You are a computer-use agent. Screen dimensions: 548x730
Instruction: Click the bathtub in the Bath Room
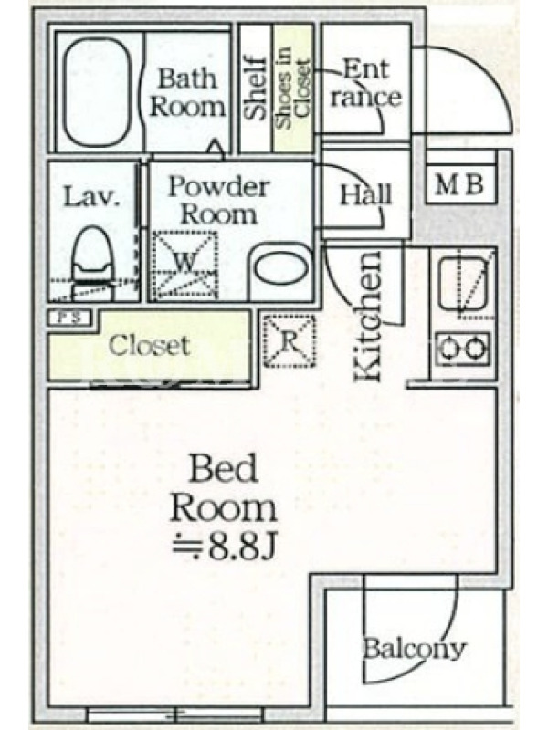(97, 92)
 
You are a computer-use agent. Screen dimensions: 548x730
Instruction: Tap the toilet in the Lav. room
(93, 264)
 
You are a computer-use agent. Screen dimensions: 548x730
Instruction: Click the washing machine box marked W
(185, 265)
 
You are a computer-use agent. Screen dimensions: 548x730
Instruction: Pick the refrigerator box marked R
(290, 341)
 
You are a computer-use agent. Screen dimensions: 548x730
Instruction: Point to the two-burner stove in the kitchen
(462, 348)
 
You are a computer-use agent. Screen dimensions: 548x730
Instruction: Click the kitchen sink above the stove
(463, 284)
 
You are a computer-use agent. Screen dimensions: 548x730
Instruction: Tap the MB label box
(460, 184)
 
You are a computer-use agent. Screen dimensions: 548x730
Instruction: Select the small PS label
(70, 318)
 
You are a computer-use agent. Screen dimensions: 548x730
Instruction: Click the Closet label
(149, 346)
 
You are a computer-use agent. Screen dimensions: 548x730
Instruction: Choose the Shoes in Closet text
(292, 89)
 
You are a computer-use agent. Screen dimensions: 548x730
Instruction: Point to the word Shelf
(256, 88)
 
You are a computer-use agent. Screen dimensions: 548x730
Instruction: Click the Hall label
(366, 194)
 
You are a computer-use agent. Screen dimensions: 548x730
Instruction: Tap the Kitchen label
(368, 317)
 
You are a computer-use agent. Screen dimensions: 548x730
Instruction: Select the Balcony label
(414, 649)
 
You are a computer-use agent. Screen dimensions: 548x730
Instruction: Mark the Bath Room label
(187, 92)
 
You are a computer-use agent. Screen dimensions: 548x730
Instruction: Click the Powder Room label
(218, 200)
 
